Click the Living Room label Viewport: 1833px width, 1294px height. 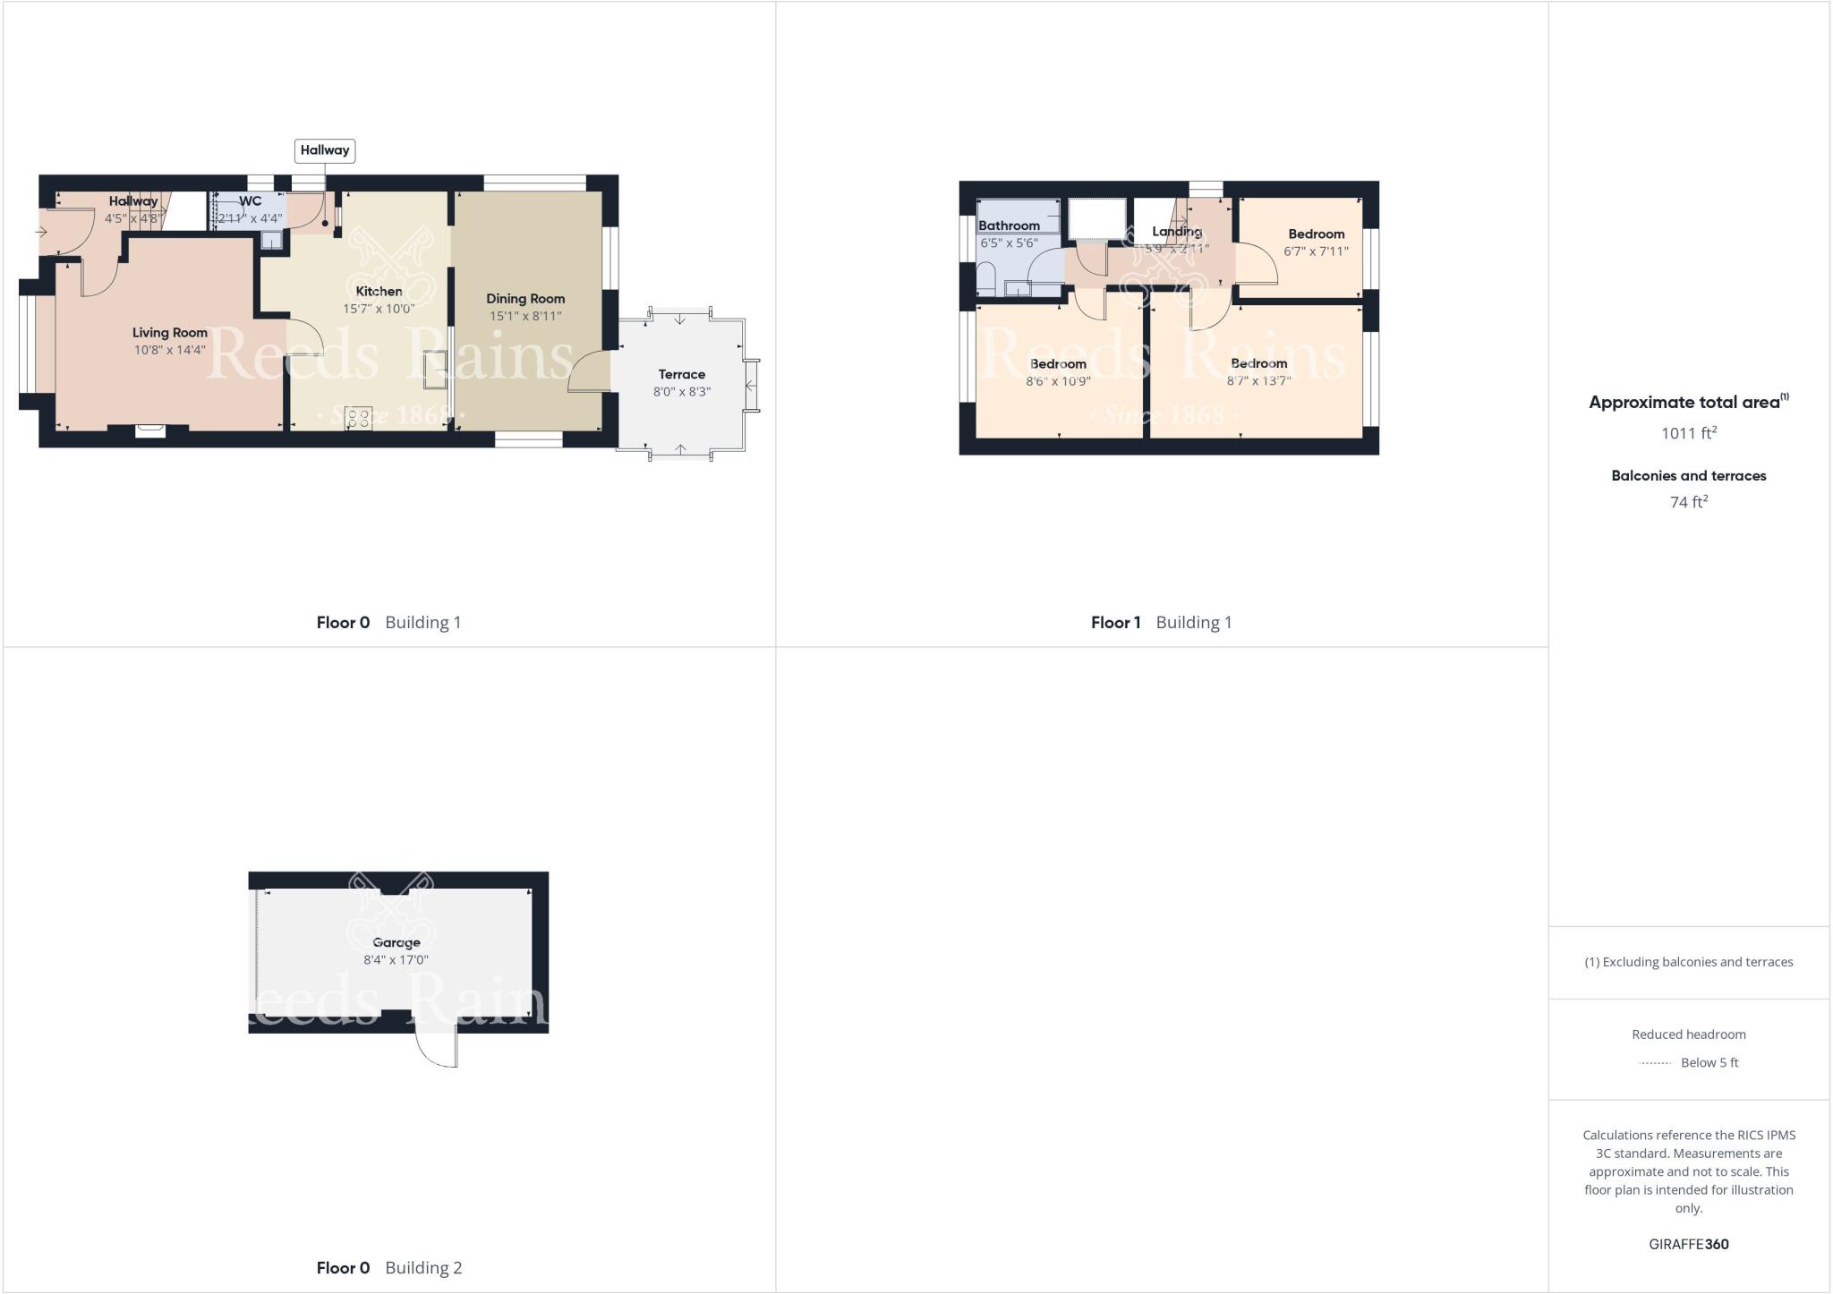tap(170, 333)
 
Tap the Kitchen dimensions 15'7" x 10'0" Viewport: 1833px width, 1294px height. tap(379, 309)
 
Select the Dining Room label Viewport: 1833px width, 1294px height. tap(525, 299)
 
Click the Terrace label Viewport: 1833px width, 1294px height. tap(682, 374)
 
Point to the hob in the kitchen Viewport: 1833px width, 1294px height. tap(359, 418)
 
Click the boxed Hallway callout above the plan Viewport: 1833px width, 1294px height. tap(325, 150)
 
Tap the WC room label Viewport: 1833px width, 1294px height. tap(251, 201)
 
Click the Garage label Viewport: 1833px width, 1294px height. tap(396, 942)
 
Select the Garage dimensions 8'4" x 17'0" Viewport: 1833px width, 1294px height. tap(396, 960)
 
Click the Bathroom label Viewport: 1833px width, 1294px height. tap(1009, 226)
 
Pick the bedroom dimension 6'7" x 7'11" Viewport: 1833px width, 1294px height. tap(1316, 251)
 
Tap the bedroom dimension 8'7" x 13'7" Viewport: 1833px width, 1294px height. tap(1258, 381)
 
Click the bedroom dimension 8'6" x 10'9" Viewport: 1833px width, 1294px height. tap(1058, 381)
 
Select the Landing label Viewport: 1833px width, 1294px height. tap(1176, 231)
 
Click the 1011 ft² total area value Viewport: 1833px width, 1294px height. tap(1688, 433)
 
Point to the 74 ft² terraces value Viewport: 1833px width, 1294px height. tap(1688, 502)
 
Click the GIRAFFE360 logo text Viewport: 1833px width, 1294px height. tap(1688, 1244)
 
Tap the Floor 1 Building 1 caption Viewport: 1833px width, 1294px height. tap(1161, 622)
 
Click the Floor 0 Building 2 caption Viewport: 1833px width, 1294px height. tap(389, 1267)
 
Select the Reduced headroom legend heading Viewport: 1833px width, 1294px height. tap(1688, 1034)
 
